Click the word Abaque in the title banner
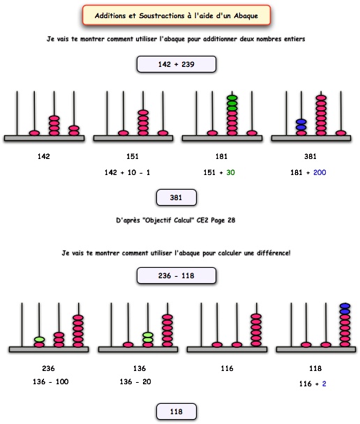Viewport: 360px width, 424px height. pyautogui.click(x=246, y=15)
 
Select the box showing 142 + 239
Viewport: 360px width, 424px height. pyautogui.click(x=177, y=64)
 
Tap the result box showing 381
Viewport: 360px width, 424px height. pyautogui.click(x=177, y=197)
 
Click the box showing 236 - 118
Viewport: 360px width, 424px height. pyautogui.click(x=177, y=275)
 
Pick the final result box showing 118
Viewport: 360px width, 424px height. pyautogui.click(x=177, y=411)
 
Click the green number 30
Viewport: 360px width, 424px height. pyautogui.click(x=230, y=172)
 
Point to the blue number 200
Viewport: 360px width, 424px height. pyautogui.click(x=320, y=172)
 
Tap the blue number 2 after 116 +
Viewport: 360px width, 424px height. pyautogui.click(x=324, y=384)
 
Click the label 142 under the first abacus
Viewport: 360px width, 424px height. pyautogui.click(x=44, y=156)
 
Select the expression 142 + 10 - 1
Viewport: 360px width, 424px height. pyautogui.click(x=127, y=172)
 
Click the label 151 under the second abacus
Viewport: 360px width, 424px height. pyautogui.click(x=133, y=156)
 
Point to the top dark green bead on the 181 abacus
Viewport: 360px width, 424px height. pyautogui.click(x=232, y=98)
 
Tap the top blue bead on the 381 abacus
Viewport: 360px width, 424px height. pyautogui.click(x=301, y=121)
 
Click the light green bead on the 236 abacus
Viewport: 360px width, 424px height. pyautogui.click(x=39, y=340)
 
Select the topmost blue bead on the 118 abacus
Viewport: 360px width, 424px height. pyautogui.click(x=345, y=306)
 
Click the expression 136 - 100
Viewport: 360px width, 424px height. pyautogui.click(x=50, y=381)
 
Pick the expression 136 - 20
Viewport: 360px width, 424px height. pyautogui.click(x=135, y=381)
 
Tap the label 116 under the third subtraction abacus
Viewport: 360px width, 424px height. pyautogui.click(x=227, y=368)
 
